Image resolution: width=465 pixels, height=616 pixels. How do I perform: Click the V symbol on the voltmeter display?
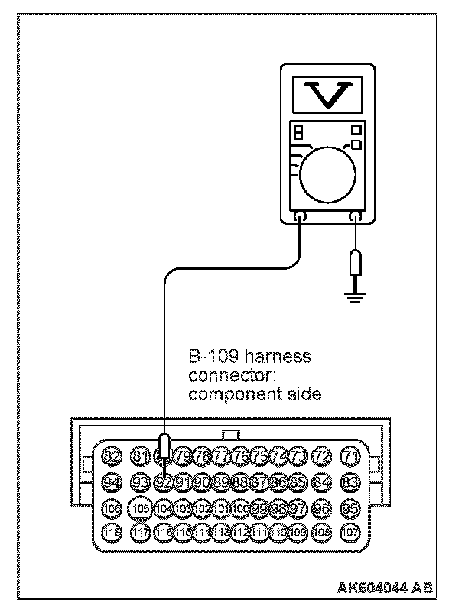point(327,92)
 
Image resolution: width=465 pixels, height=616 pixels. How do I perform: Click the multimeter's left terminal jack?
point(301,216)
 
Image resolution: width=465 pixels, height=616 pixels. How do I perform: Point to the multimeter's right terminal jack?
point(355,216)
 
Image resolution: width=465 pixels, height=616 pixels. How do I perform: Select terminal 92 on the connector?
point(163,482)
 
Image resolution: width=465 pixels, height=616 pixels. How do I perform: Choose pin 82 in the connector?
point(112,457)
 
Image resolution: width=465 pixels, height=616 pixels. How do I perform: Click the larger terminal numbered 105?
point(139,507)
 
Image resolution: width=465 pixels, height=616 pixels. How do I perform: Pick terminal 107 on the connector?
point(350,532)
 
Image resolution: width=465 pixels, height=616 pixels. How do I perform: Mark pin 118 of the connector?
point(112,532)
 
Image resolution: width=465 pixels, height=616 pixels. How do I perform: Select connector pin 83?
point(350,482)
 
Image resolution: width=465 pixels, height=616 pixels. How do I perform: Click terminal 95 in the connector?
point(350,507)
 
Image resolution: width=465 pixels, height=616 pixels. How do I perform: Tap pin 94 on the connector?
point(112,482)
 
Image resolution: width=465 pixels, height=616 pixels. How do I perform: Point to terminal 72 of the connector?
point(323,457)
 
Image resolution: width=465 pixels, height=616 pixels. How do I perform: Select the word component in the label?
point(226,394)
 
